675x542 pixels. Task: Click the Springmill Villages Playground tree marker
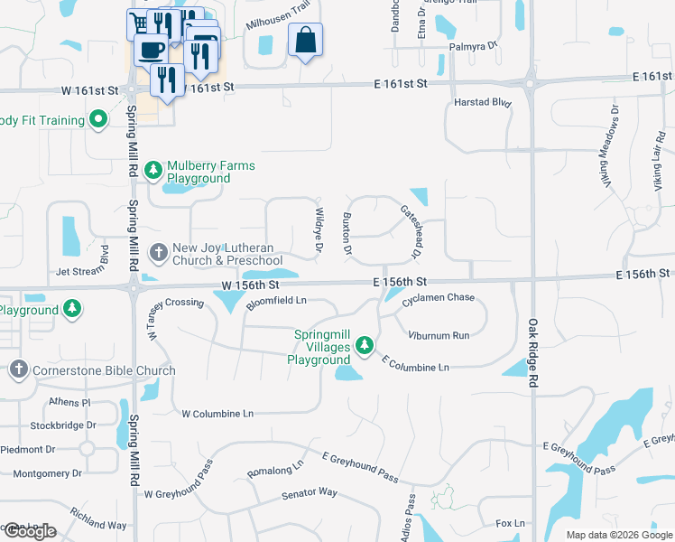click(365, 344)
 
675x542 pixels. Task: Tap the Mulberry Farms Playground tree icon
click(153, 169)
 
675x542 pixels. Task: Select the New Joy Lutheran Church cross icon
click(158, 252)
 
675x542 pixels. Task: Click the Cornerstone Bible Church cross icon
click(19, 369)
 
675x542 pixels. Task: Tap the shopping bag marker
click(306, 41)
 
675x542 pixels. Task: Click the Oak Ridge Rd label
click(533, 353)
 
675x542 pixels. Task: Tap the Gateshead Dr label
click(411, 231)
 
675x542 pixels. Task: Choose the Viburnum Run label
click(438, 335)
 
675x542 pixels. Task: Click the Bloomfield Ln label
click(277, 300)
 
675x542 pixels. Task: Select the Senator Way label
click(309, 493)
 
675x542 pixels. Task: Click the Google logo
click(29, 531)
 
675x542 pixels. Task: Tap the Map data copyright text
click(618, 535)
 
